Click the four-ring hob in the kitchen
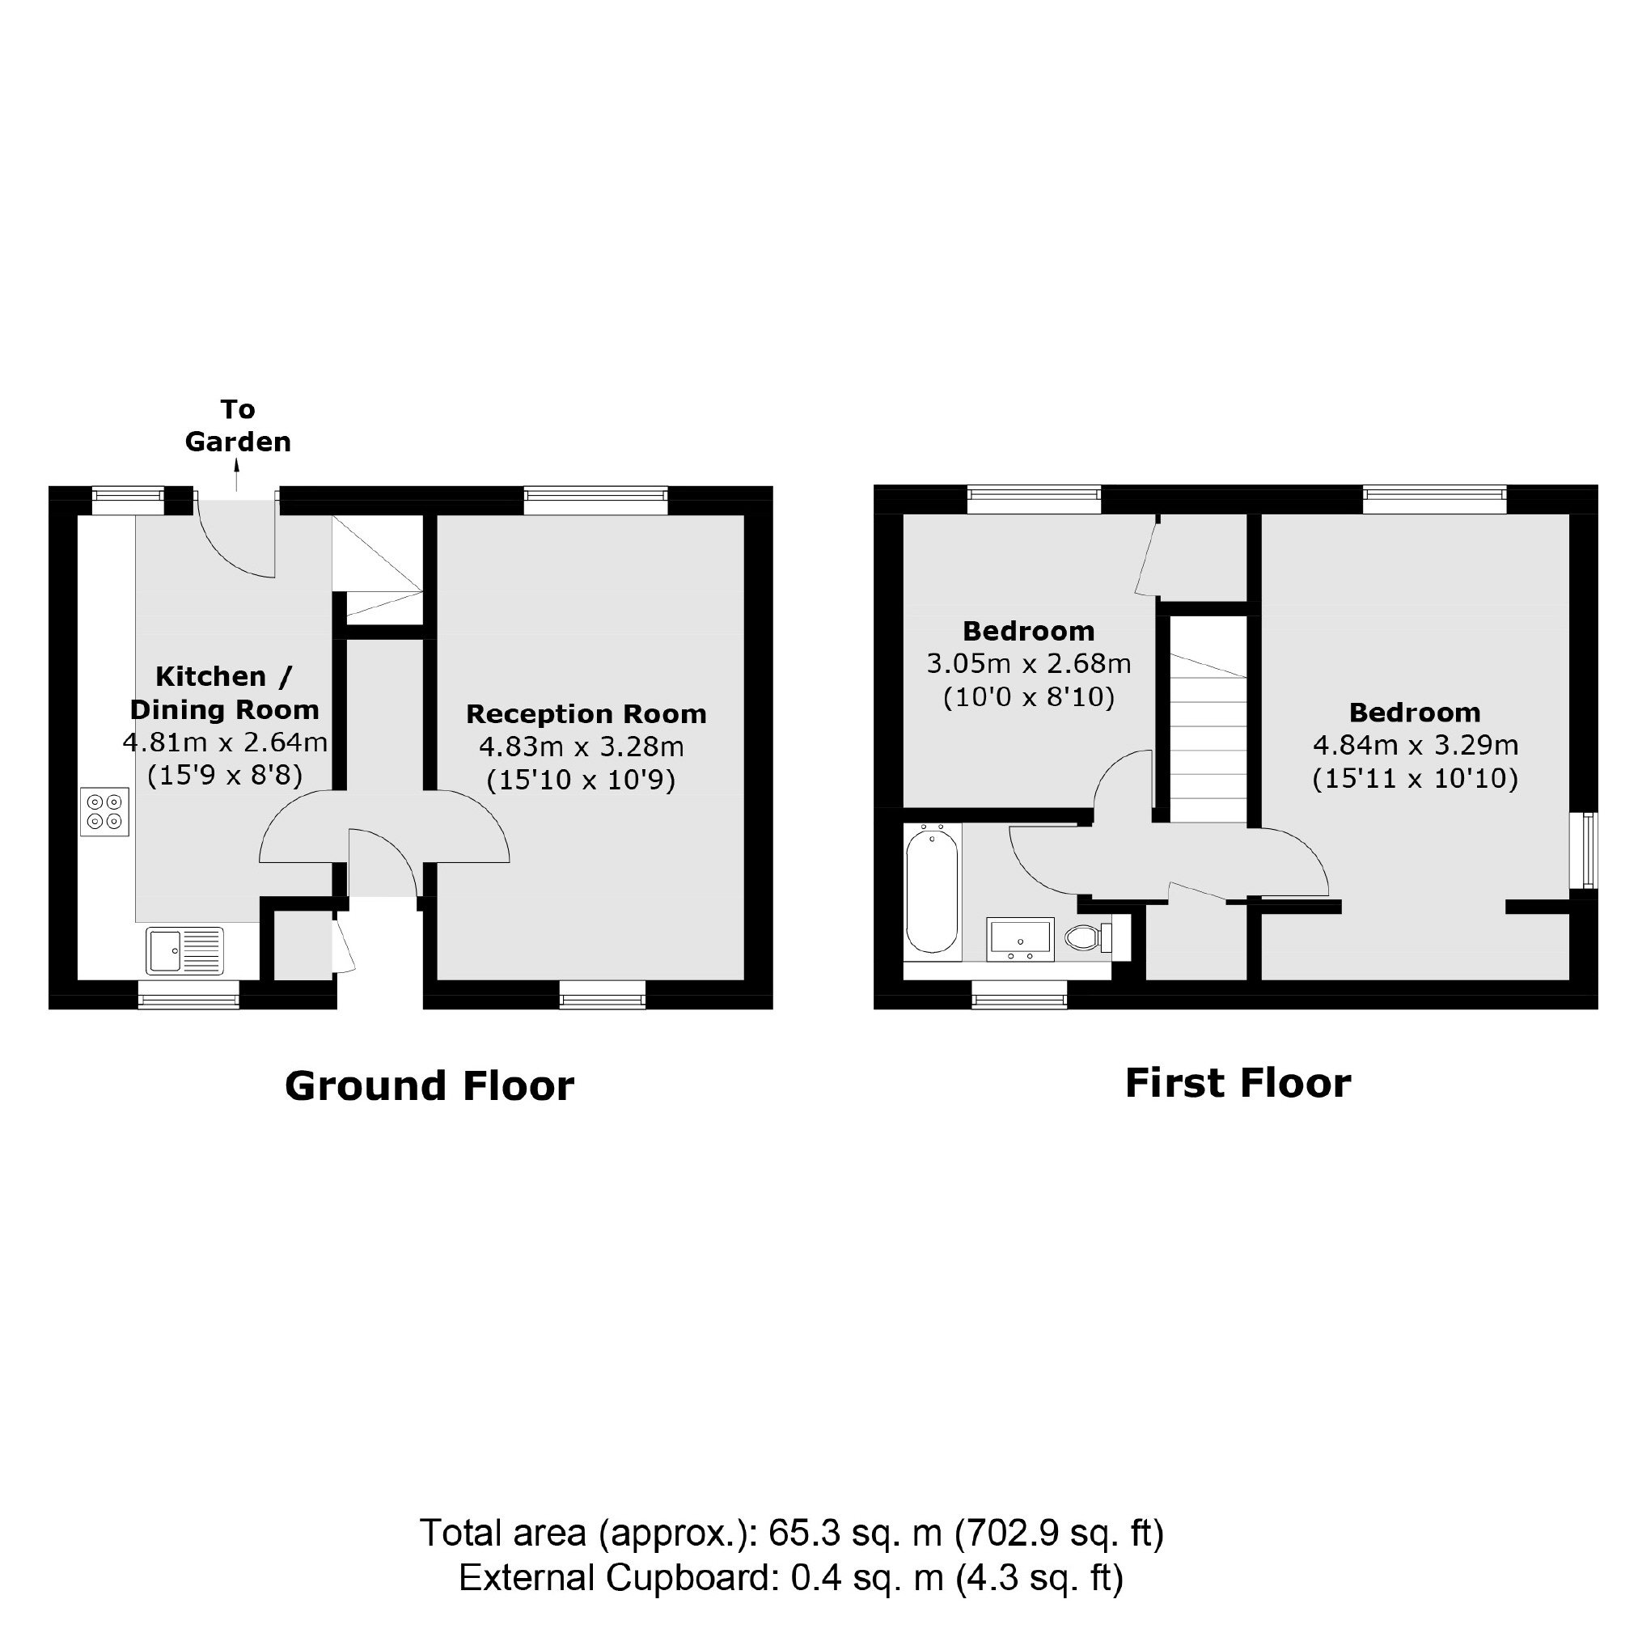point(105,811)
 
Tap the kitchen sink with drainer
point(184,950)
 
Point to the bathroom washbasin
point(1021,940)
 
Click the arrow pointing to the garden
point(237,476)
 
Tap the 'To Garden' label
point(239,425)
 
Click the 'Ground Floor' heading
point(430,1086)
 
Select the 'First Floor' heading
point(1238,1084)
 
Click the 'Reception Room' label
point(586,714)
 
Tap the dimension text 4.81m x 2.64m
point(226,742)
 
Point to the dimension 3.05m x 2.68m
point(1029,663)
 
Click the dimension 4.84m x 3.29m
point(1416,745)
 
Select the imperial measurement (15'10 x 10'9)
point(582,780)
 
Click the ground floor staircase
point(376,566)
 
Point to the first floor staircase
point(1209,719)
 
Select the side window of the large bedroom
point(1584,850)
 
